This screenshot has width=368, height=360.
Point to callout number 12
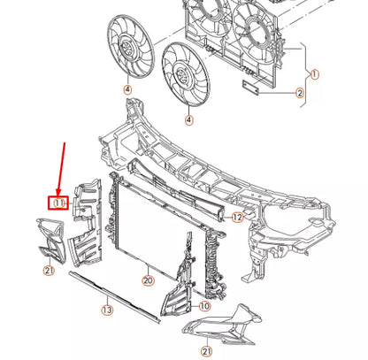(x=237, y=216)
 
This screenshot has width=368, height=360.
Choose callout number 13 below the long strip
(x=106, y=310)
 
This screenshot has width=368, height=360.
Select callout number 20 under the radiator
(x=148, y=280)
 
